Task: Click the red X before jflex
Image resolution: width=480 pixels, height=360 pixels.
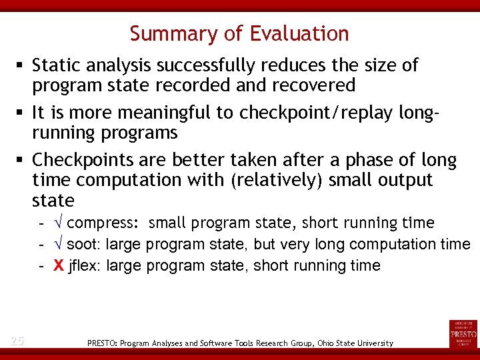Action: point(59,266)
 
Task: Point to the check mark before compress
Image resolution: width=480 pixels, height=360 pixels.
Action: point(59,223)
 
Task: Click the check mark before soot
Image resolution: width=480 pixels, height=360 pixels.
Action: point(59,244)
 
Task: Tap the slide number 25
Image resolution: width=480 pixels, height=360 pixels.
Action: point(17,341)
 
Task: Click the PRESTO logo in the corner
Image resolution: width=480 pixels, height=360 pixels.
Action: point(463,333)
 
